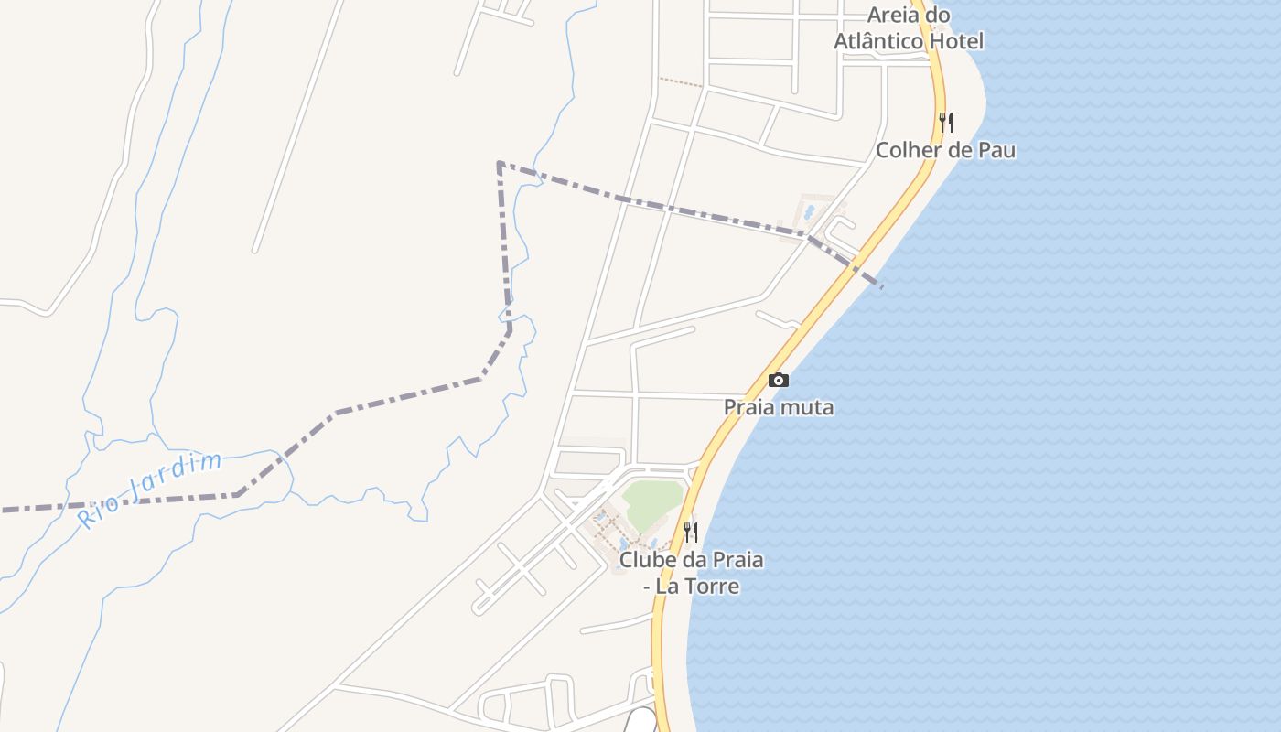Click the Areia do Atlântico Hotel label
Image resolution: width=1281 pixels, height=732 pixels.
coord(909,28)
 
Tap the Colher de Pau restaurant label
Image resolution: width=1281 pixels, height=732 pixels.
coord(946,150)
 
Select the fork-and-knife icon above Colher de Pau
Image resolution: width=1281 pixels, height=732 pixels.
coord(946,122)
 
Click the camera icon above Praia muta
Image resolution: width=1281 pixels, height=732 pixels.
coord(779,380)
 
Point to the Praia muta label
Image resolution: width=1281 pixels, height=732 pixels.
coord(779,407)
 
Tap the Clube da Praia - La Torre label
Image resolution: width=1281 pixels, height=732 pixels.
coord(691,572)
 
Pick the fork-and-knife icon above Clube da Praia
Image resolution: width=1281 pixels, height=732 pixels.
coord(691,532)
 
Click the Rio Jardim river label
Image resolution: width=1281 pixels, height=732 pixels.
coord(150,490)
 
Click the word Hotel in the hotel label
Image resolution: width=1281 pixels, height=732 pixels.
coord(955,41)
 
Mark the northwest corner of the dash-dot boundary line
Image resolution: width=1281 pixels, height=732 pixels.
coord(499,164)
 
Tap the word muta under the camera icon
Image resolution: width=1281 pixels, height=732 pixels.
coord(810,407)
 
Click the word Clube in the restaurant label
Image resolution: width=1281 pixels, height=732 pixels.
coord(646,559)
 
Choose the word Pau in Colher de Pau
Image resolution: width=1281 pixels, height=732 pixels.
coord(996,150)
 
